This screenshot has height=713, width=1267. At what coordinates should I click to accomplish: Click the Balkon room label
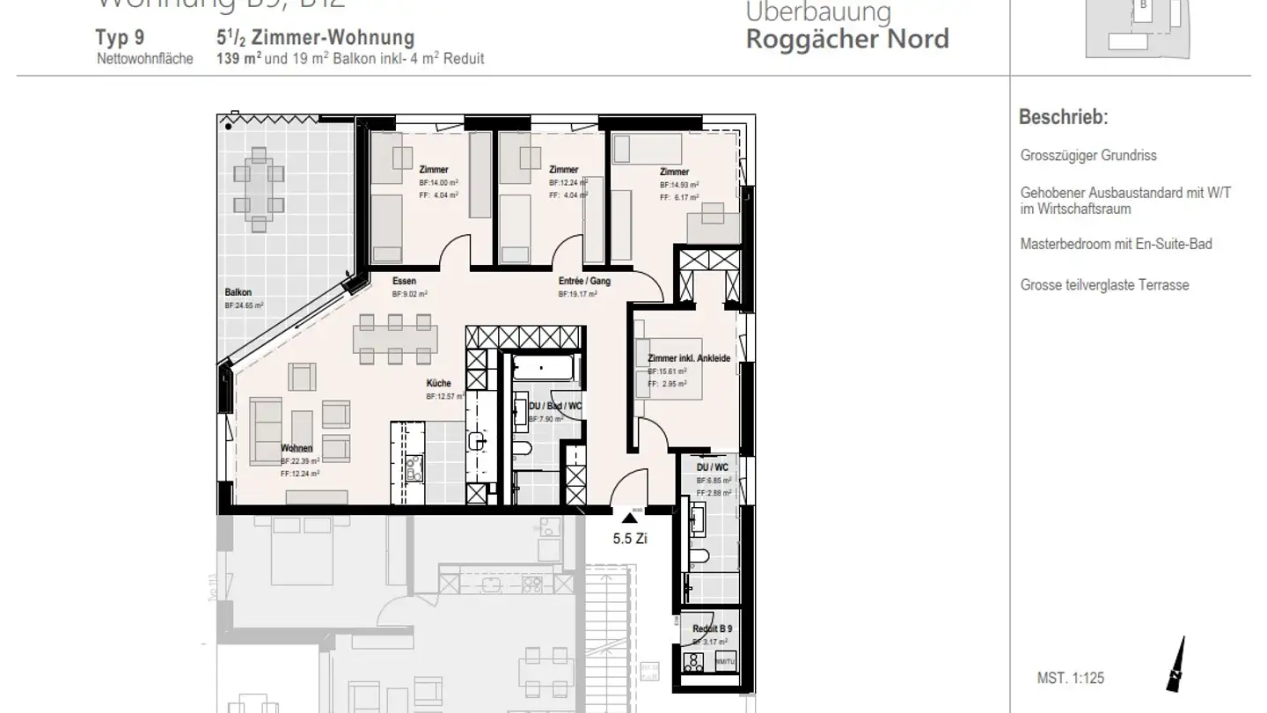click(238, 292)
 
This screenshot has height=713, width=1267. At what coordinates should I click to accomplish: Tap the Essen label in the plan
click(404, 282)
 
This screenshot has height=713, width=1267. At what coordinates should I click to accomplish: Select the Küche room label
click(438, 384)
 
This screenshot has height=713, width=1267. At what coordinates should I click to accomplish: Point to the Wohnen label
click(297, 449)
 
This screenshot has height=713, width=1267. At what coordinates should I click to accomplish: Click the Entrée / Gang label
click(584, 282)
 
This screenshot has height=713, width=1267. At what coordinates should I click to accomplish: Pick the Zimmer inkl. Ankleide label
click(689, 359)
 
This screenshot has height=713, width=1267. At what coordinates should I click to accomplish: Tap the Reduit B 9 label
click(711, 629)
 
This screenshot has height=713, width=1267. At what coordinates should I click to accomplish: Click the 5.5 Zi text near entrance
click(630, 540)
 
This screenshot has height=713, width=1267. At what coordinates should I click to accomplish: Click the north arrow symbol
click(1175, 665)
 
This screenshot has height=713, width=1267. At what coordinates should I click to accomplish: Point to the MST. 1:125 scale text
click(1070, 679)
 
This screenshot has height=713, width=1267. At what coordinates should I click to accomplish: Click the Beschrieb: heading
click(1063, 117)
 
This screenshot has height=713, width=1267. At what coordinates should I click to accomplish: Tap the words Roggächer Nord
click(847, 40)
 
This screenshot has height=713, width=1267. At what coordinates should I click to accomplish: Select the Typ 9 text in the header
click(119, 39)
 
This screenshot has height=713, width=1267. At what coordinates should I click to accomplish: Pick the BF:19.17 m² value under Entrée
click(583, 296)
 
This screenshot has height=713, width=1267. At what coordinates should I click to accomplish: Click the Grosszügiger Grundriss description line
click(1088, 156)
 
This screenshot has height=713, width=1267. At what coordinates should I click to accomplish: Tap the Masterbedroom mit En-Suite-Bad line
click(1116, 244)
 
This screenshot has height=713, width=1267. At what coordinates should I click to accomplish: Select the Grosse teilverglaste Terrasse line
click(1104, 285)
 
